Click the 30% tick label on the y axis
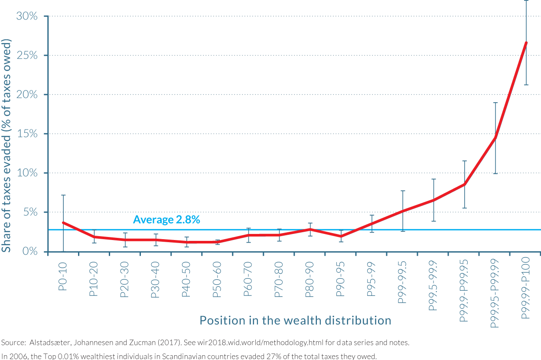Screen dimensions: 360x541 tap(27, 16)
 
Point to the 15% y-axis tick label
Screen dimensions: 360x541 tap(27, 134)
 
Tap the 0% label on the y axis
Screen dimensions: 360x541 tap(30, 251)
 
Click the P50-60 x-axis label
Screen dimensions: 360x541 tap(217, 279)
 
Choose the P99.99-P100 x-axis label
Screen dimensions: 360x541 tap(526, 290)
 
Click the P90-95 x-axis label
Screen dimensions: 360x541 tap(341, 279)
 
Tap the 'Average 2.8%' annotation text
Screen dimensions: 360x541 tap(166, 220)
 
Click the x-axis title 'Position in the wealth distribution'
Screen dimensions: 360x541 tap(295, 320)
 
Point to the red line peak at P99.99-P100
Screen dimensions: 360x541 tap(526, 42)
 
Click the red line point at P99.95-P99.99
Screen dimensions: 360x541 tap(495, 138)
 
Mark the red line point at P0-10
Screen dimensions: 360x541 tap(63, 223)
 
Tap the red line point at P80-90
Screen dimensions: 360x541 tap(310, 229)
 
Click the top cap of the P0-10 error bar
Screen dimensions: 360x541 tap(63, 195)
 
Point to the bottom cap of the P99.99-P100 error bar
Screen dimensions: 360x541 tap(526, 85)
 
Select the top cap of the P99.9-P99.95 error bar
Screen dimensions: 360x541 tap(464, 161)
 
